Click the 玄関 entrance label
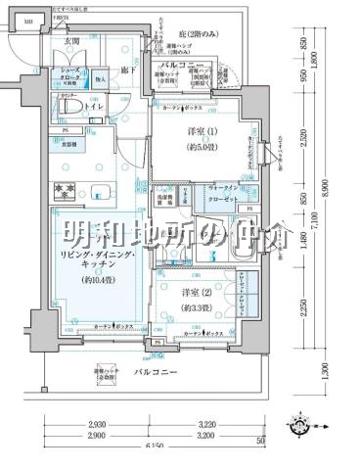pos(73,42)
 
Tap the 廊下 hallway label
pos(127,70)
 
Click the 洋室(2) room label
pos(197,292)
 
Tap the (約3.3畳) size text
pos(197,308)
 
